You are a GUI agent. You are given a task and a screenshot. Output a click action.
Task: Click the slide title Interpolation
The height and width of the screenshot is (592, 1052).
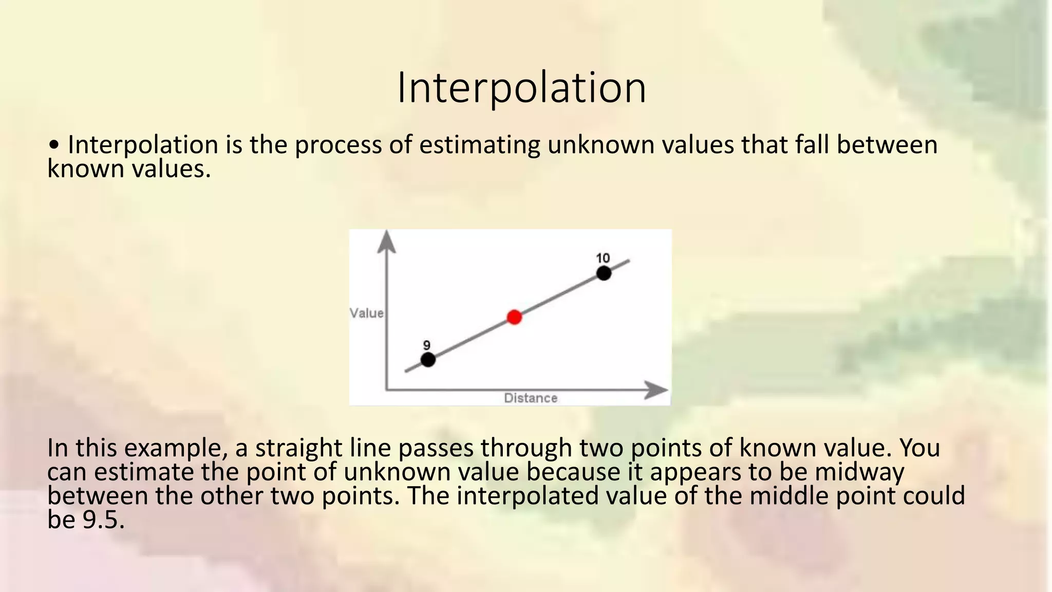point(521,88)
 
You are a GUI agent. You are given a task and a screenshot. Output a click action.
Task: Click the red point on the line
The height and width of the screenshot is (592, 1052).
point(514,317)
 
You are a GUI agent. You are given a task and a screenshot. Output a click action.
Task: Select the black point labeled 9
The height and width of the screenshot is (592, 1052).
point(428,360)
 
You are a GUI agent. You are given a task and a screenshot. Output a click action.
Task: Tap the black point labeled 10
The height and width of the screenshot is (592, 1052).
point(604,273)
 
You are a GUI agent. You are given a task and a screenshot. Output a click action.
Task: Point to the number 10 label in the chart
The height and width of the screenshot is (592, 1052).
point(603,258)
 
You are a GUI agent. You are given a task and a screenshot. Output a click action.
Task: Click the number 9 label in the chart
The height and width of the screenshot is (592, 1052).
point(426,345)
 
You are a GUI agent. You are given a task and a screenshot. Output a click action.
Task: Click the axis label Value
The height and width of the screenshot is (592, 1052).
point(367,313)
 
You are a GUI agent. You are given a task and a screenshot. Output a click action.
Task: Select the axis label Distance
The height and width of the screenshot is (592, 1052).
point(531,398)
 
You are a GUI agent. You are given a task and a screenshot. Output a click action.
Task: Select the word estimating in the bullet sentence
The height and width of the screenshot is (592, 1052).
point(479,145)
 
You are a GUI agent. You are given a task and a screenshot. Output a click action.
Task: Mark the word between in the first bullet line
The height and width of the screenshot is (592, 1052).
point(887,145)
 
